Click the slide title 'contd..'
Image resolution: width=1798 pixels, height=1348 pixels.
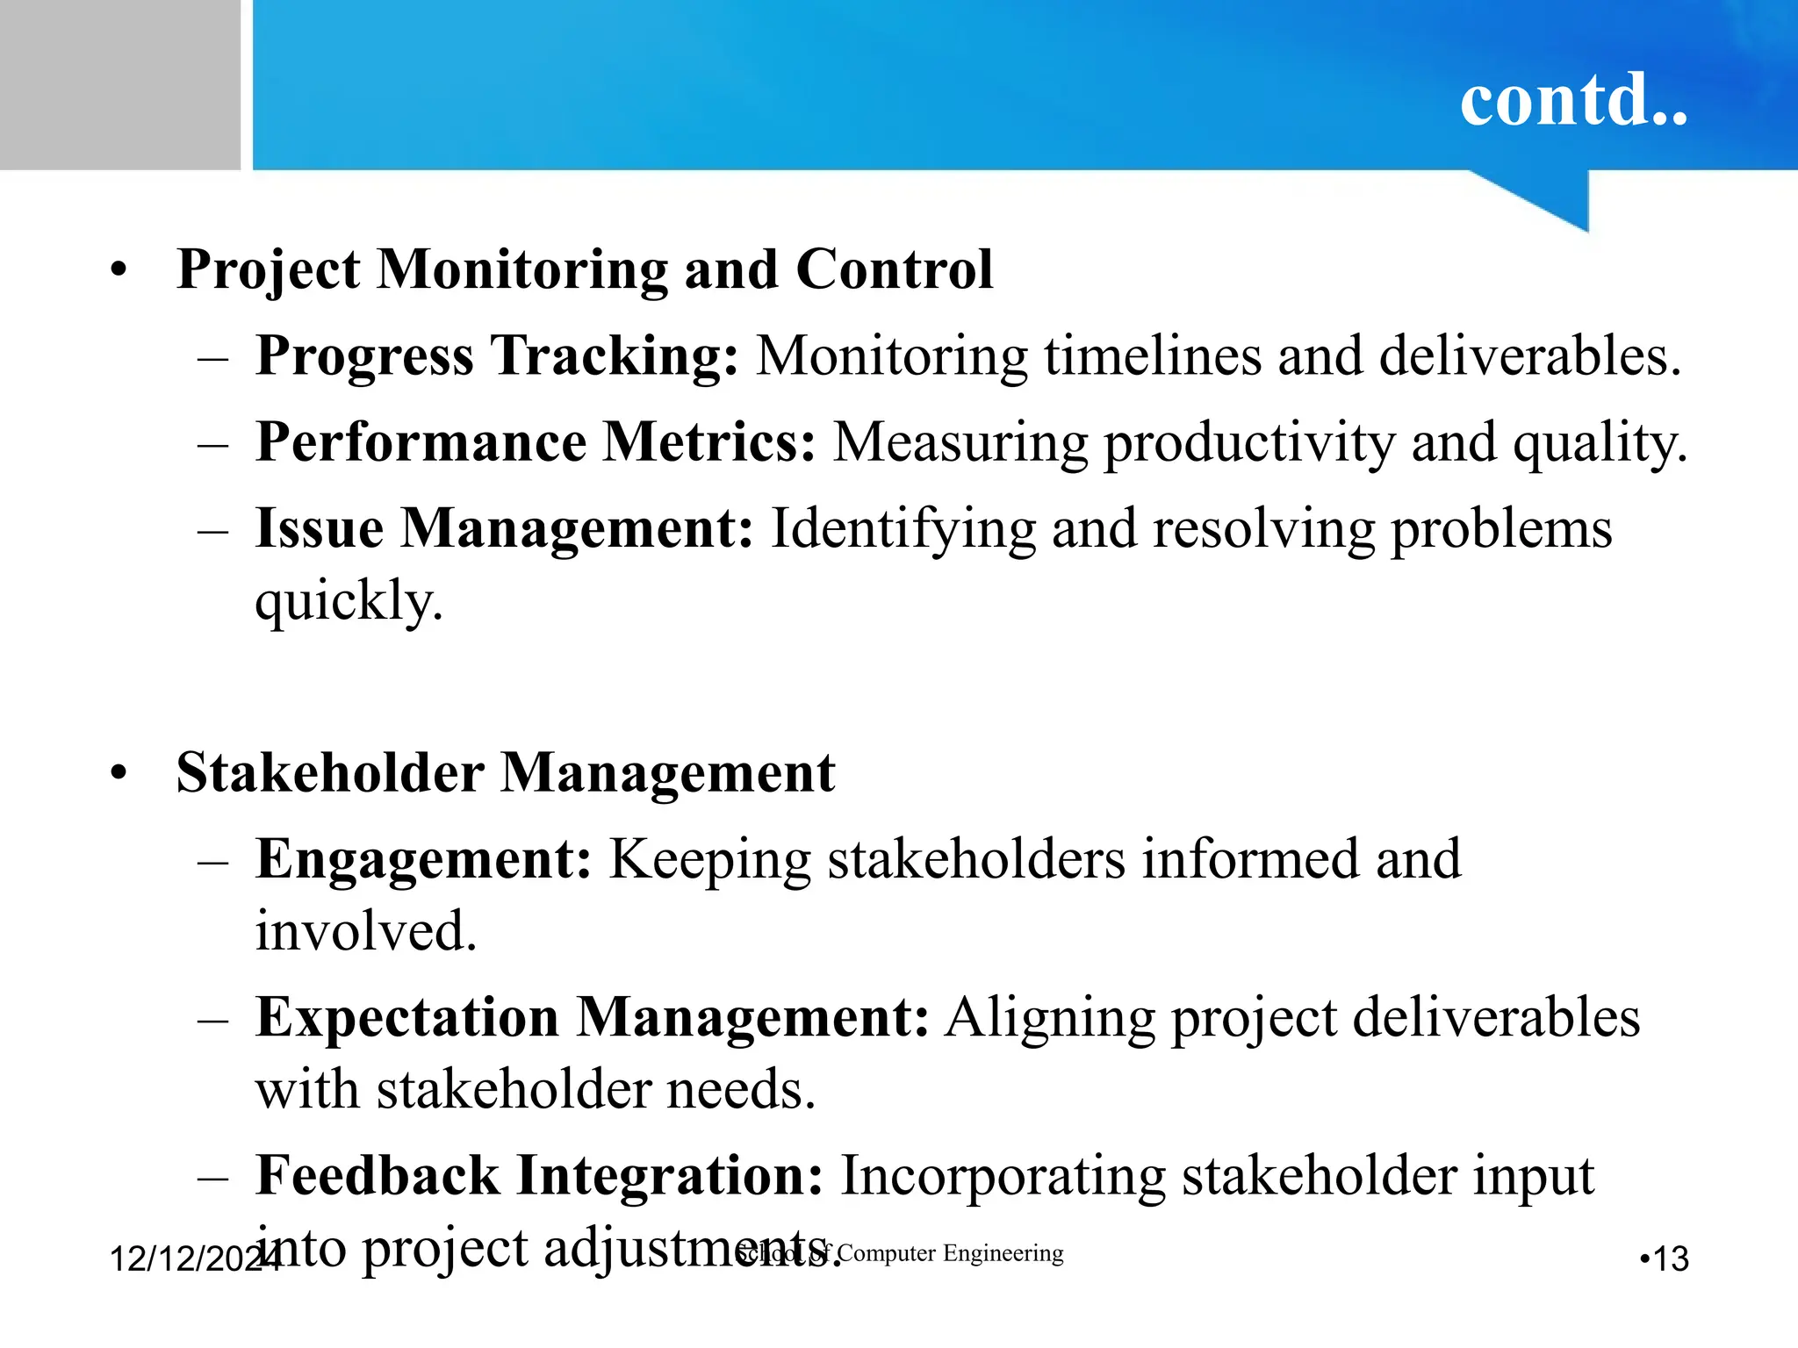(1573, 100)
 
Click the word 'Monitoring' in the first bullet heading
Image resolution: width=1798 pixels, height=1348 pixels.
(522, 269)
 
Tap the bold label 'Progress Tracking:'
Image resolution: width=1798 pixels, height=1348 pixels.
(497, 356)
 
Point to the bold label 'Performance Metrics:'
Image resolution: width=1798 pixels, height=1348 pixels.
(536, 441)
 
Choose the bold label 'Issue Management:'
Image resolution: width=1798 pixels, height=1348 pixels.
(504, 528)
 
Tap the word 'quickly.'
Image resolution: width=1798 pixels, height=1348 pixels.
(349, 602)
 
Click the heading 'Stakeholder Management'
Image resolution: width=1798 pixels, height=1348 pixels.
(506, 772)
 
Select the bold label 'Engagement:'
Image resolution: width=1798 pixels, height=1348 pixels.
(424, 858)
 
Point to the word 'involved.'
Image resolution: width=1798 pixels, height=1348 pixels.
(366, 930)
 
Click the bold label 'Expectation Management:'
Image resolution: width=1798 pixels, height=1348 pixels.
(592, 1017)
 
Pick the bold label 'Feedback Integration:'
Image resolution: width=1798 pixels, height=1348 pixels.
(539, 1175)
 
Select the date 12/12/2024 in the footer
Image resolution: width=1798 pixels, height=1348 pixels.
(189, 1259)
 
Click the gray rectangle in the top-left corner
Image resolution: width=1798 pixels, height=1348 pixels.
(119, 84)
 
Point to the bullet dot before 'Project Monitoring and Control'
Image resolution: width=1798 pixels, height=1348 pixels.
(119, 269)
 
